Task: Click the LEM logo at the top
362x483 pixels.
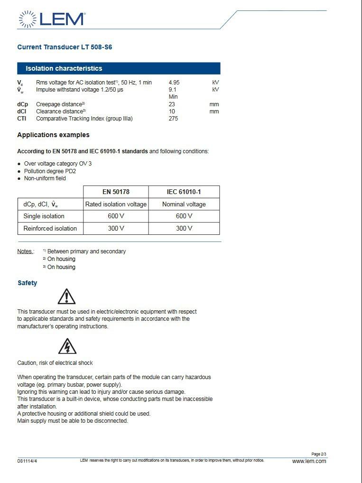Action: click(x=52, y=19)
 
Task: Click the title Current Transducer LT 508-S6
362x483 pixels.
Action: click(x=65, y=47)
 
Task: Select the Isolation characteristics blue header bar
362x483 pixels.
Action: click(x=119, y=68)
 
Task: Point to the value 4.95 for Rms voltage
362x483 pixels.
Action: click(x=174, y=83)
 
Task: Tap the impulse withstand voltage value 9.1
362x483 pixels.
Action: click(x=172, y=89)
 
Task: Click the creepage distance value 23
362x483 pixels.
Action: click(x=172, y=104)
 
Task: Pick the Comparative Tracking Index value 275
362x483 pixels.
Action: click(x=173, y=119)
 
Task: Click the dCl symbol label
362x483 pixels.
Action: click(x=22, y=111)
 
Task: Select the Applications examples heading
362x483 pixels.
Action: click(x=53, y=135)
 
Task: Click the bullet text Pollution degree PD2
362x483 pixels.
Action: click(x=50, y=171)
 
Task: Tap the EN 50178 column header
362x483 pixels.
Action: click(x=116, y=192)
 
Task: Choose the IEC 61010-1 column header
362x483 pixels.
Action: click(x=184, y=192)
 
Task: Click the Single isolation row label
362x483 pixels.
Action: click(x=44, y=216)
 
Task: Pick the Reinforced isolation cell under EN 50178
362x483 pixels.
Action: click(x=116, y=228)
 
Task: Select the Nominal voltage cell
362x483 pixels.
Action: click(x=184, y=204)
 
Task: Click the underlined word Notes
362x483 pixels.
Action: click(x=25, y=251)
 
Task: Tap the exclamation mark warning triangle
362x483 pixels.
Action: click(x=67, y=297)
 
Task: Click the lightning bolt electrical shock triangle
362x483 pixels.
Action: click(x=67, y=347)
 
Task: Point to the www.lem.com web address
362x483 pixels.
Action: click(x=309, y=461)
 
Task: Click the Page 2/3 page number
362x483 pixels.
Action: click(x=319, y=454)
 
